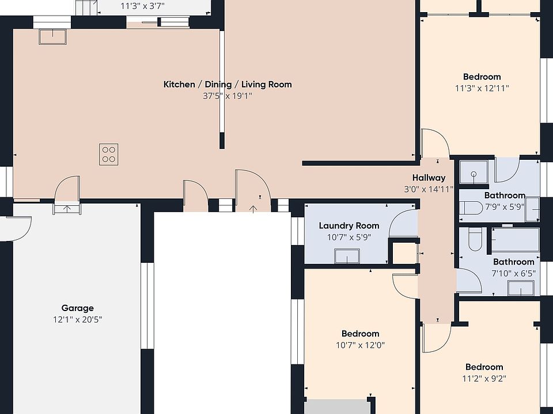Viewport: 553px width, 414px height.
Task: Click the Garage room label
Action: pos(77,308)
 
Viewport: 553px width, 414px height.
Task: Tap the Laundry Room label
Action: pos(349,225)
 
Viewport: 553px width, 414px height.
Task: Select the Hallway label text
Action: pos(429,178)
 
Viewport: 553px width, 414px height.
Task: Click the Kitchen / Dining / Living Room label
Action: pos(228,85)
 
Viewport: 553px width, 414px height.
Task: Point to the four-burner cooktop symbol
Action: pos(109,154)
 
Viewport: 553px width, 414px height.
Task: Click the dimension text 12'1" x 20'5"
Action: pos(78,320)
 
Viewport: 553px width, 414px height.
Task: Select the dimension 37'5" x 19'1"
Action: pos(228,96)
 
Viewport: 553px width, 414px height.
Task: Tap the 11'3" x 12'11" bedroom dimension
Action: pos(482,88)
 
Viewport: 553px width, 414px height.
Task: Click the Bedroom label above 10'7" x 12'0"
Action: pos(360,333)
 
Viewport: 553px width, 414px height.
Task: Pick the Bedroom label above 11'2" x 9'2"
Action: pos(484,367)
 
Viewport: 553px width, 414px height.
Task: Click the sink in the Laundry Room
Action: pos(347,256)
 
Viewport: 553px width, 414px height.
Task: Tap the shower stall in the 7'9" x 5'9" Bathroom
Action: pos(474,172)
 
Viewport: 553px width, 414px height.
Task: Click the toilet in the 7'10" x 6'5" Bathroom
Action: pos(475,239)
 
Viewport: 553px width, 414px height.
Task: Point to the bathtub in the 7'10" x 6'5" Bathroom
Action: pos(515,240)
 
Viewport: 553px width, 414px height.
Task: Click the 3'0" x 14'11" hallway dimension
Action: pos(429,189)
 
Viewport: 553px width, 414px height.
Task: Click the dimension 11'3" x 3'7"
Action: pos(142,6)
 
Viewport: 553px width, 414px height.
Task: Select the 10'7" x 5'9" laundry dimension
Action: pos(349,237)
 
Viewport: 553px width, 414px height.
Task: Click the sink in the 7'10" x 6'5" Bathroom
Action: pos(521,288)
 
